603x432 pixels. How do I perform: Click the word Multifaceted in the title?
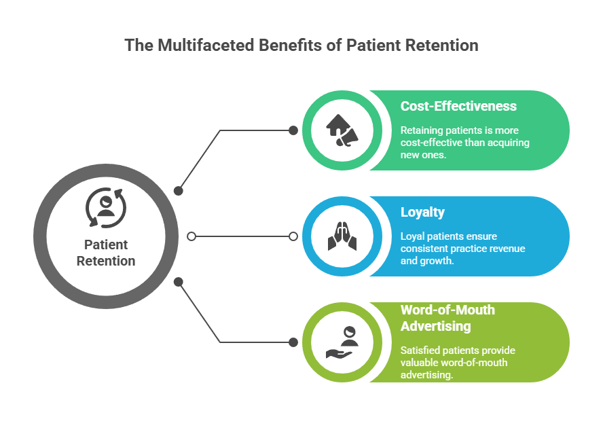tap(206, 45)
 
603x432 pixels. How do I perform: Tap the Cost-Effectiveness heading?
tap(458, 106)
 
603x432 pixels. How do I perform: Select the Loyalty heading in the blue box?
tap(422, 213)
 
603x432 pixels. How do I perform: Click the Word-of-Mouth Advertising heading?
tap(447, 318)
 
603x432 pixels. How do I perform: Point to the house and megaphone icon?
tap(342, 130)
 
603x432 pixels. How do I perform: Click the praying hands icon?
tap(342, 236)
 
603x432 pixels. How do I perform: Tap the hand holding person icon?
tap(342, 342)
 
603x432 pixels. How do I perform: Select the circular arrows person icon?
tap(106, 208)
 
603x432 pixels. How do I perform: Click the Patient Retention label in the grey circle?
tap(106, 253)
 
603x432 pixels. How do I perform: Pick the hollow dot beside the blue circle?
tap(293, 236)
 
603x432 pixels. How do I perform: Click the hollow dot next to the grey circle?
tap(191, 236)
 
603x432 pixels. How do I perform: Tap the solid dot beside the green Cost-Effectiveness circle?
tap(293, 130)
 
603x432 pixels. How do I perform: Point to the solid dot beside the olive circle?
tap(293, 342)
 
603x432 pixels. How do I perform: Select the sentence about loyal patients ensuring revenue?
tap(462, 249)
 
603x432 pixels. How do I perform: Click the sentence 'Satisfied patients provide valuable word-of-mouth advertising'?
tap(458, 362)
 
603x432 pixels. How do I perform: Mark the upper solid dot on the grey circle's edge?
tap(178, 190)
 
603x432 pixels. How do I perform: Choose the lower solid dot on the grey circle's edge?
tap(178, 282)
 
